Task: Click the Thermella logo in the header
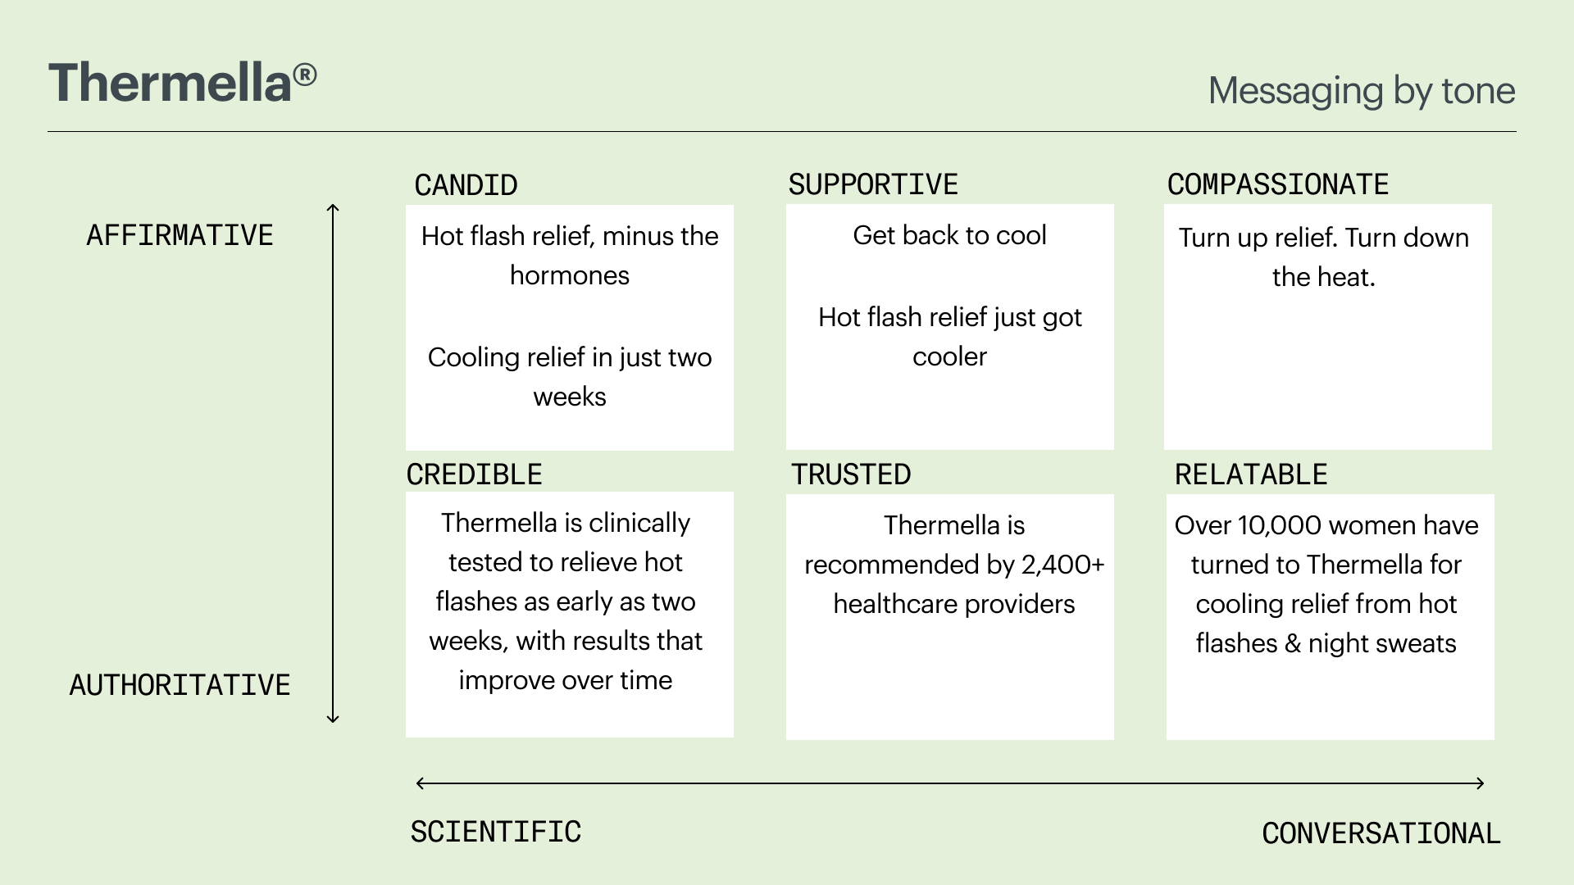[x=182, y=83]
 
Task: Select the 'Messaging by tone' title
[x=1362, y=91]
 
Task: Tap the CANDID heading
[x=466, y=185]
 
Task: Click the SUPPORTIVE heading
[x=873, y=184]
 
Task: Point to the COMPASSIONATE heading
[x=1278, y=184]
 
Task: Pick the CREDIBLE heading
[x=475, y=474]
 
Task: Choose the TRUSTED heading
[x=851, y=474]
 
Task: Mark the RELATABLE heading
[x=1251, y=474]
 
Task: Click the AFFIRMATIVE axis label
[x=180, y=235]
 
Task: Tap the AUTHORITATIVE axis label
[x=180, y=685]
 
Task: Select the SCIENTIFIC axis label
[x=496, y=832]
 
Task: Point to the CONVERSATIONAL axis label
[x=1381, y=833]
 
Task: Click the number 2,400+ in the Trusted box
[x=1062, y=565]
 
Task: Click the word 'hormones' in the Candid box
[x=570, y=275]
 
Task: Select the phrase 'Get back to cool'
[x=949, y=235]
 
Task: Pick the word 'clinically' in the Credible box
[x=639, y=523]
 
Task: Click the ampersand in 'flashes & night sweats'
[x=1293, y=643]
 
